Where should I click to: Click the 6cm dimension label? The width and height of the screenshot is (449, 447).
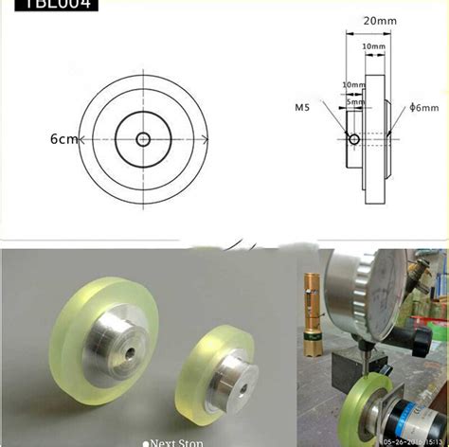(38, 139)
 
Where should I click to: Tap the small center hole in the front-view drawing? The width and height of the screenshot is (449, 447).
(142, 139)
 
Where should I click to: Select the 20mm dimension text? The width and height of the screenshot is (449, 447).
(377, 20)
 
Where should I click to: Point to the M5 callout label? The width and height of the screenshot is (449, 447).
(303, 107)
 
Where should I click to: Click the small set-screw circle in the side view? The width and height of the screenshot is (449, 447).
(354, 139)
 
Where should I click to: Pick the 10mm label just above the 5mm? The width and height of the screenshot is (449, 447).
(351, 84)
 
